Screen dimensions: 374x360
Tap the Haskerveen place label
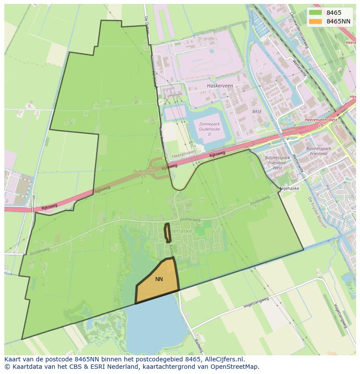(x=220, y=86)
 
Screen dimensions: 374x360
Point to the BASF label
(x=257, y=112)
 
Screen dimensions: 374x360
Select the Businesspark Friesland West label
(x=277, y=162)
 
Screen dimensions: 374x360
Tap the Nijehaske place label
(x=289, y=189)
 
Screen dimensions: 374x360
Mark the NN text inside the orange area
(x=159, y=279)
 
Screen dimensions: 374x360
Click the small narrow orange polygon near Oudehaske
(x=167, y=233)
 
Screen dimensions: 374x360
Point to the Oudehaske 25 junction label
(x=144, y=173)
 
